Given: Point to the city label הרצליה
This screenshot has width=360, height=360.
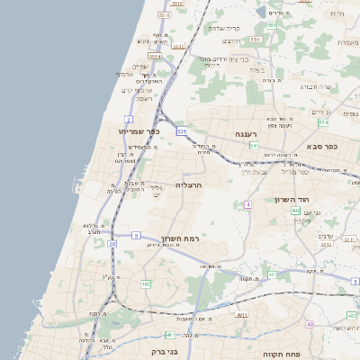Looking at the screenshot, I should point(188,184).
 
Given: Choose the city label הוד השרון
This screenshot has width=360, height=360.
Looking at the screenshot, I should point(319,197).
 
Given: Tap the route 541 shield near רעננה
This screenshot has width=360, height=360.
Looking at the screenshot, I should point(255,145).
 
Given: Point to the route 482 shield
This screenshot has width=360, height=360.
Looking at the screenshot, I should point(146,284).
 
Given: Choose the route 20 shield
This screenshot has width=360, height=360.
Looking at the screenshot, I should point(112,244).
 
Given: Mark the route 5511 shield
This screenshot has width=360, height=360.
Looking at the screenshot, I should point(164,15).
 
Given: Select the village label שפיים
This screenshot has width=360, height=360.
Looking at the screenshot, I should point(139,66).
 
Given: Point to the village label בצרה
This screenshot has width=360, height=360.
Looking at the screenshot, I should point(257,67).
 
